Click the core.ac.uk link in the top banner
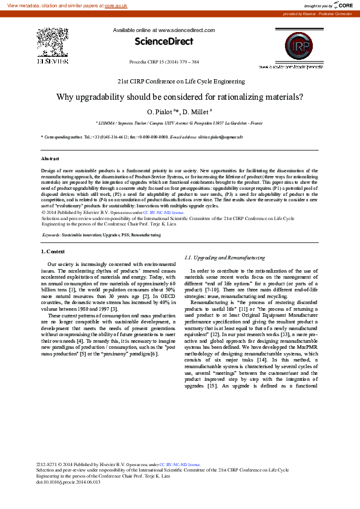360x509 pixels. click(x=116, y=5)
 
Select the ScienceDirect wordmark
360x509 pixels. click(x=163, y=42)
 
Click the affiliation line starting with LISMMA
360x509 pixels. click(x=179, y=123)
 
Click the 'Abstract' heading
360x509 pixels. click(x=50, y=158)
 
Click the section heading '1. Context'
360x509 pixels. click(x=53, y=251)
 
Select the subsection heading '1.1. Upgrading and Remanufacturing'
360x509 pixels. click(x=224, y=258)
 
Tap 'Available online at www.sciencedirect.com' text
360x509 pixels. click(x=163, y=30)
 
